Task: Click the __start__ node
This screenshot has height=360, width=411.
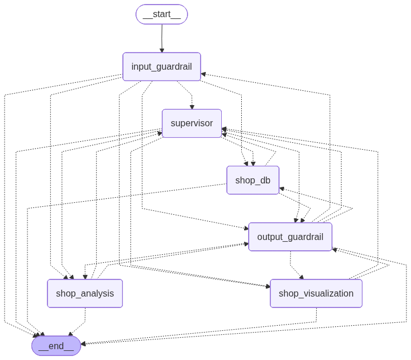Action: point(162,14)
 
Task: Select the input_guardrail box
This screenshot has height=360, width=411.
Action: point(162,67)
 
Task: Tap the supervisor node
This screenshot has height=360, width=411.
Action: point(191,123)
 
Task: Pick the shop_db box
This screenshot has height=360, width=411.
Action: point(253,180)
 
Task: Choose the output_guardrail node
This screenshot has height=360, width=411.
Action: point(290,237)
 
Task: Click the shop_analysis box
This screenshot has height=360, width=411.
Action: point(85,293)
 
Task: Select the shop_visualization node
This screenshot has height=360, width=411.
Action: point(316,293)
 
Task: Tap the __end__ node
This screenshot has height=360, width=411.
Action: point(56,346)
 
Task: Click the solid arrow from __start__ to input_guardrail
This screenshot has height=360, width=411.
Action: point(162,38)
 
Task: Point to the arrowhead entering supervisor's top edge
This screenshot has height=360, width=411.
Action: point(192,107)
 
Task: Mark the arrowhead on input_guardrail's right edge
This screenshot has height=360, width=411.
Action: point(203,74)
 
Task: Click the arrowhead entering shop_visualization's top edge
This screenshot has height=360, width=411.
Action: point(301,277)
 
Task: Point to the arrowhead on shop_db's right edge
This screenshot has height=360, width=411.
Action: point(281,189)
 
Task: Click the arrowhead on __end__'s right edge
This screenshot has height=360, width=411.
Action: point(83,344)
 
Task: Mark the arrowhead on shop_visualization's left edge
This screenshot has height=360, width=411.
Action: point(268,286)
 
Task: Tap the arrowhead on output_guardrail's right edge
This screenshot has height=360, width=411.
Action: point(334,249)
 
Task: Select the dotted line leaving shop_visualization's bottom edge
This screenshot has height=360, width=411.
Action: point(316,316)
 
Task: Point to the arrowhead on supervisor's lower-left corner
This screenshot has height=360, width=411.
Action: point(160,134)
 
